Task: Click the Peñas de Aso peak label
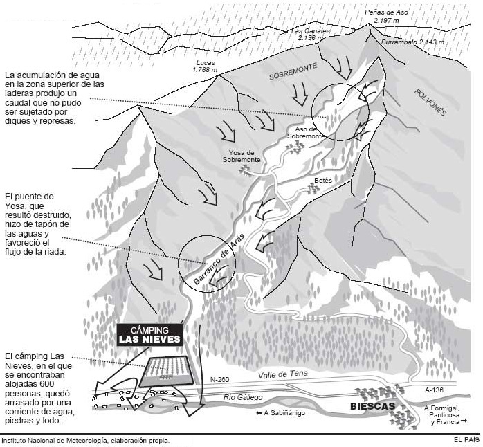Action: tap(386, 17)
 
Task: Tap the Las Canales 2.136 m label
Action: tap(311, 35)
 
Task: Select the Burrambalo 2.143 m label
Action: tap(413, 42)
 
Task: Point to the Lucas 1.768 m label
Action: tap(205, 66)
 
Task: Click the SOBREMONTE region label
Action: tap(293, 71)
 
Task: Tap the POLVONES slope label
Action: tap(430, 102)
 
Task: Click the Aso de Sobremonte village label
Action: tap(306, 132)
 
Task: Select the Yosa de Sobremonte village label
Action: tap(241, 156)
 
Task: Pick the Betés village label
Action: tap(323, 180)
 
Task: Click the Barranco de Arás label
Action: tap(219, 259)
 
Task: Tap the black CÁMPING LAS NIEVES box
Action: tap(149, 335)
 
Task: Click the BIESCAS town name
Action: tap(372, 406)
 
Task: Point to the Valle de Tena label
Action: tap(283, 374)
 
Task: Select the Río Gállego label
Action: tap(243, 397)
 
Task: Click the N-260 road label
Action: tap(219, 379)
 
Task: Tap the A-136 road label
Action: tap(434, 390)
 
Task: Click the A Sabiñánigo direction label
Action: tap(280, 413)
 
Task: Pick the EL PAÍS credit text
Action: tap(466, 440)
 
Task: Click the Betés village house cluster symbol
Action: tap(313, 188)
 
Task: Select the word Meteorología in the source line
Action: tap(87, 441)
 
